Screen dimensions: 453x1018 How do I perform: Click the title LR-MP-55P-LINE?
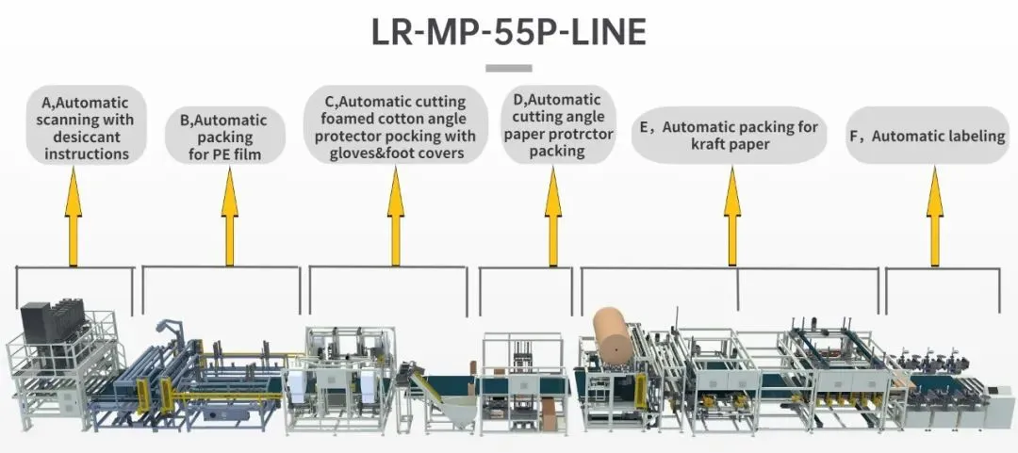tap(508, 32)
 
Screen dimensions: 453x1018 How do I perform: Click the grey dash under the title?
tap(508, 68)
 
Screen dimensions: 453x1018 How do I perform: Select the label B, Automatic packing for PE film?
tap(223, 137)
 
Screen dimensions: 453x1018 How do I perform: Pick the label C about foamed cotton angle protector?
tap(396, 127)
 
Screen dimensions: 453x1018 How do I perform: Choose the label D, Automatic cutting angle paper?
tap(557, 125)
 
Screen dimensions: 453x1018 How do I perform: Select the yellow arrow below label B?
tap(230, 216)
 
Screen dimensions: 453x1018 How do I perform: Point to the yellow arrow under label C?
tap(396, 216)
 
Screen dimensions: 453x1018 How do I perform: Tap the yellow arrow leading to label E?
tap(732, 216)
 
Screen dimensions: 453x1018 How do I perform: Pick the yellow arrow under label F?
tap(935, 216)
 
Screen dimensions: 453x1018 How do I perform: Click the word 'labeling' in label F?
tap(970, 136)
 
